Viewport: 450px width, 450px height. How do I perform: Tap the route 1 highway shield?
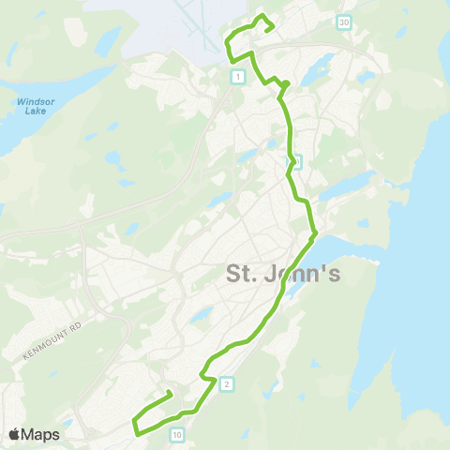[x=240, y=76]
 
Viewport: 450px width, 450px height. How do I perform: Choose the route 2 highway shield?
[x=226, y=382]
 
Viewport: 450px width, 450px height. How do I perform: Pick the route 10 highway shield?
[x=177, y=434]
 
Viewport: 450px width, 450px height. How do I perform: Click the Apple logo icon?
[x=15, y=434]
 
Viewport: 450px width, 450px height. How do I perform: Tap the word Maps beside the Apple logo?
[x=41, y=434]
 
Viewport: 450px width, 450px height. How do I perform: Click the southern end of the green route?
[x=168, y=392]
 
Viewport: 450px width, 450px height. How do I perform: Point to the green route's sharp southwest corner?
[x=137, y=433]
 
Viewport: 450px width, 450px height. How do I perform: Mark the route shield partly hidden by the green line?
[x=296, y=161]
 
